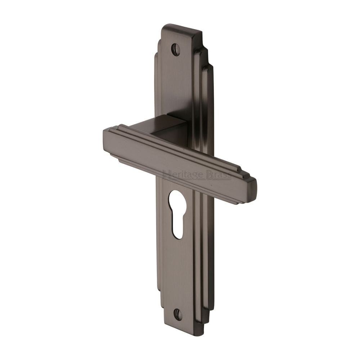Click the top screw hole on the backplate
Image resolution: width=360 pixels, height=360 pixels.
(x=176, y=49)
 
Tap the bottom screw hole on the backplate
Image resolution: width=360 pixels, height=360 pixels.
(x=178, y=314)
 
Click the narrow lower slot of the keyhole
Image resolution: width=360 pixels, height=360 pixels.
(x=177, y=227)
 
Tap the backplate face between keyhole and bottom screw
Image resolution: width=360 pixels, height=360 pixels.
(x=178, y=274)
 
